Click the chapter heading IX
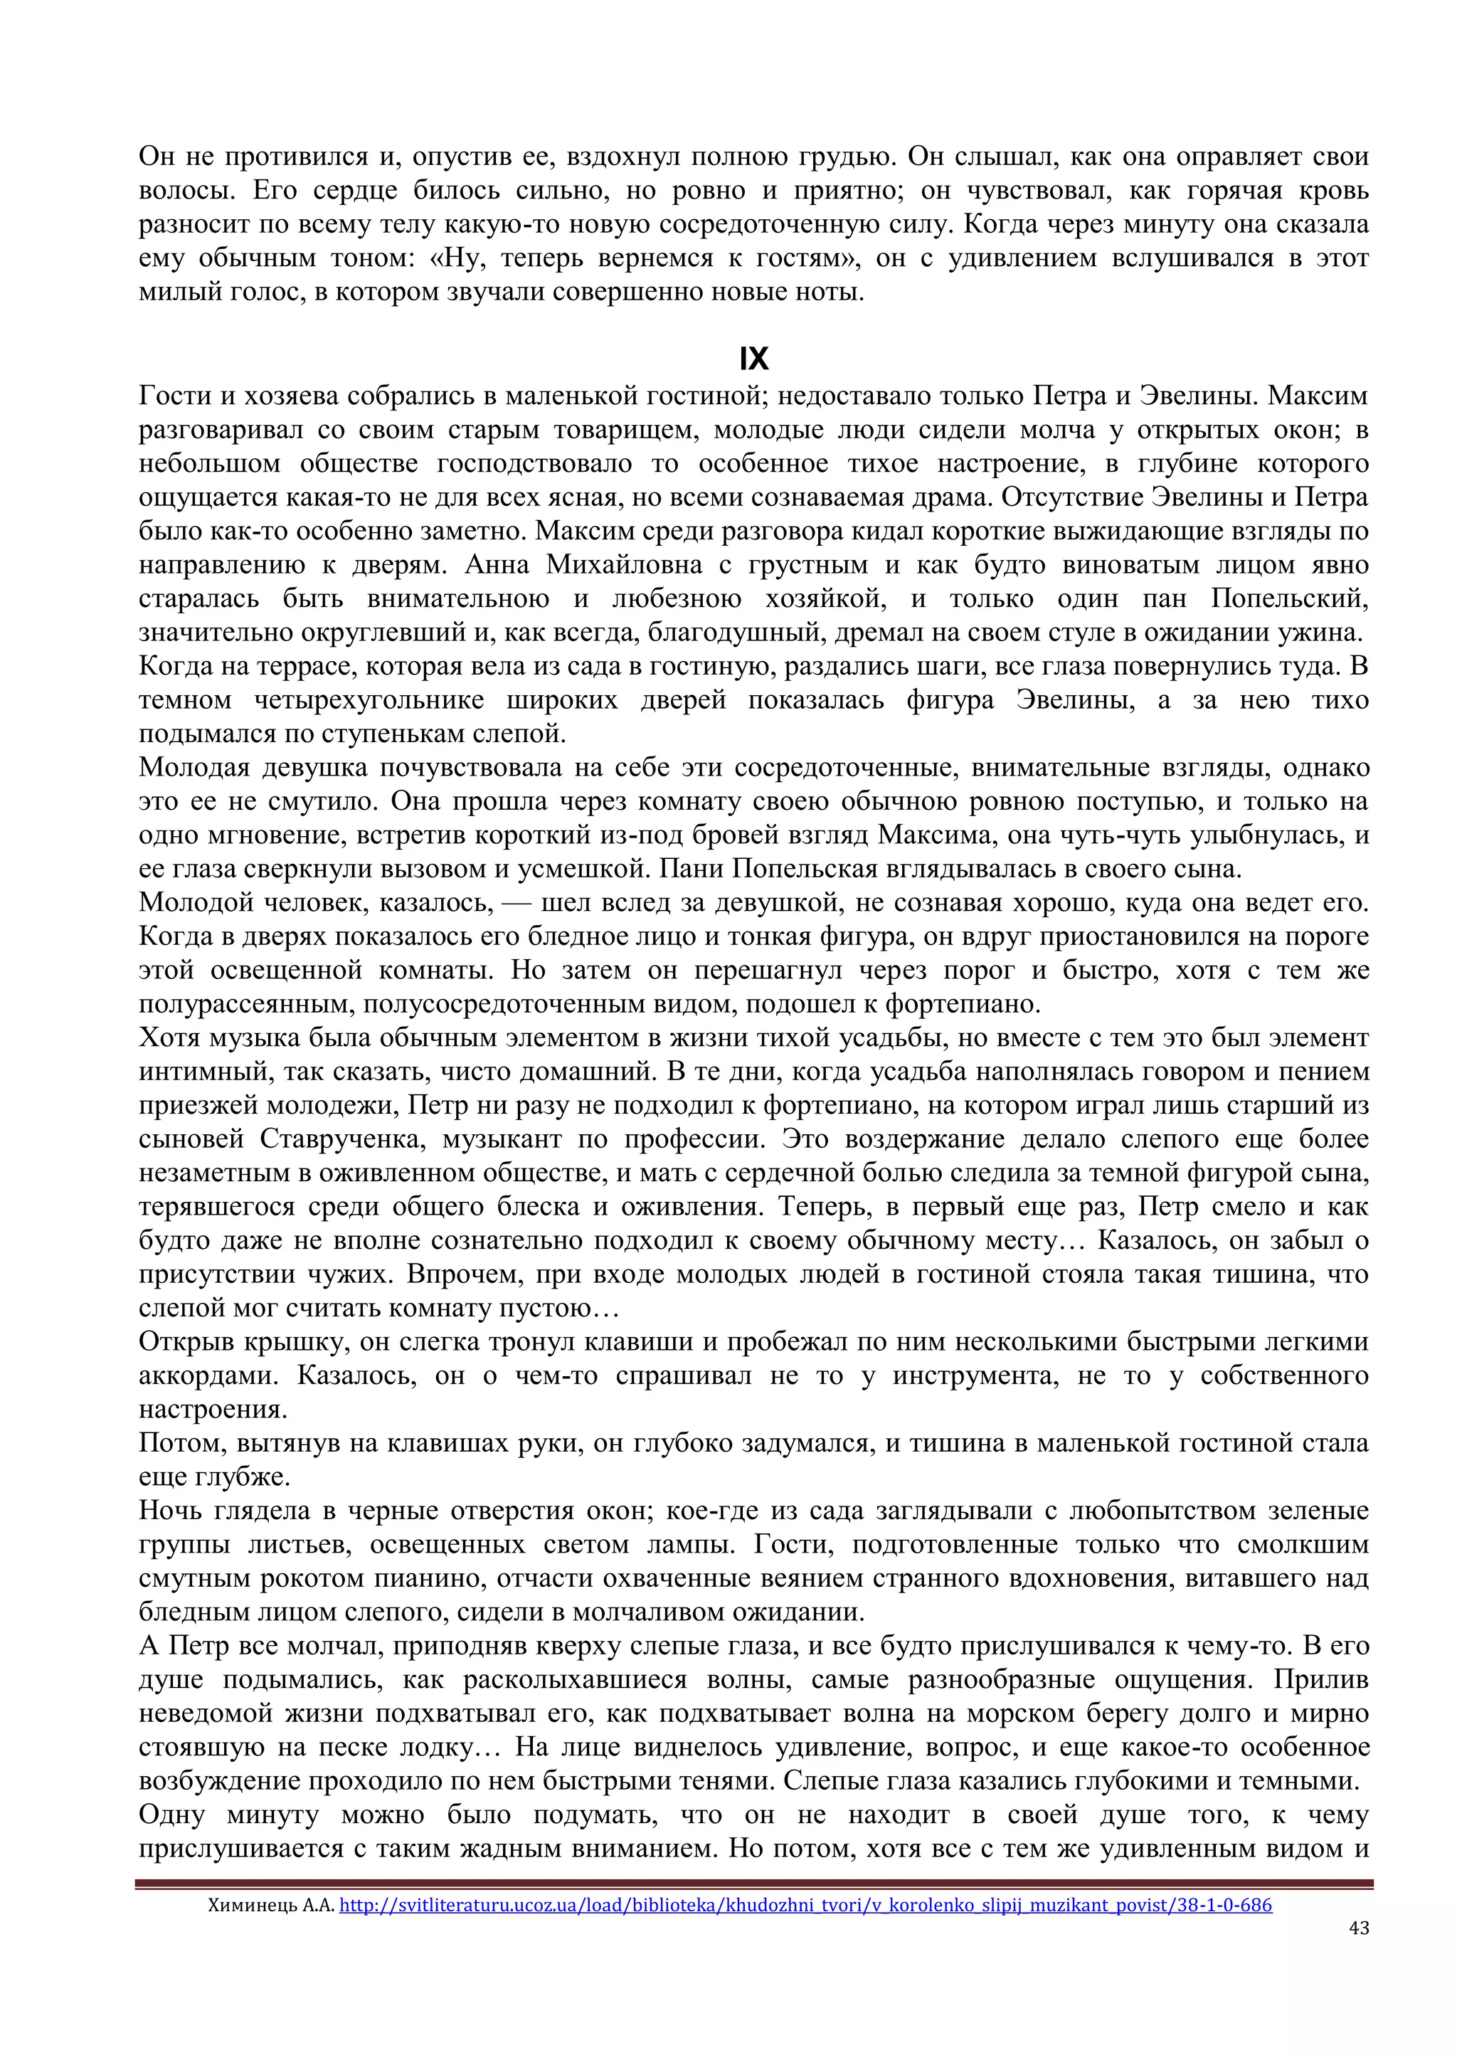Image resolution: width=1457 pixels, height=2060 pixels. [753, 359]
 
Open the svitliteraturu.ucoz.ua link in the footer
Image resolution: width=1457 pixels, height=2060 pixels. [805, 1905]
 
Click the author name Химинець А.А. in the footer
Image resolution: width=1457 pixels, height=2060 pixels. [271, 1905]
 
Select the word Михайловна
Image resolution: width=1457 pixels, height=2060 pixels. [625, 565]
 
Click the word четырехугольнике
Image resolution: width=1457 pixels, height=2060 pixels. [369, 699]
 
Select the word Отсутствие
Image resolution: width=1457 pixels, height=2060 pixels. [1069, 497]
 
